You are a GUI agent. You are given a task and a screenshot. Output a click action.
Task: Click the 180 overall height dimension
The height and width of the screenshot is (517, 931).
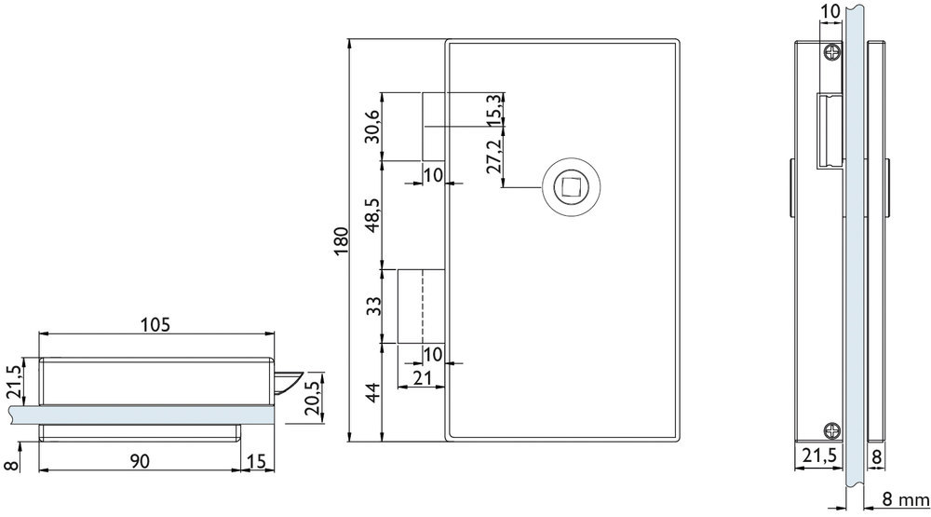coord(340,240)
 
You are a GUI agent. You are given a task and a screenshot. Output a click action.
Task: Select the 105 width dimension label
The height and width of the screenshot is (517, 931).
coord(155,324)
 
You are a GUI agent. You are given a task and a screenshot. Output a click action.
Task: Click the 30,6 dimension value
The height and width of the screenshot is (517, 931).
coord(372,126)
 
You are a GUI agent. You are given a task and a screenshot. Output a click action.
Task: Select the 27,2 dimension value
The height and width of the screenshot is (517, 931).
coord(494,155)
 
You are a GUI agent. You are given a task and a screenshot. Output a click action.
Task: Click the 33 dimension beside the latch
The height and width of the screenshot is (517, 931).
coord(373,306)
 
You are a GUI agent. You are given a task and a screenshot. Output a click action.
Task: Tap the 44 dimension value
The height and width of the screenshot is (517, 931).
coord(372,393)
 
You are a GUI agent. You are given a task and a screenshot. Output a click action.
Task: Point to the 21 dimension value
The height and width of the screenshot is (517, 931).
coord(421,378)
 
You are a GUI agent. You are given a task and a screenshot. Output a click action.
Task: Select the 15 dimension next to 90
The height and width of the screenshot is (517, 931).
coord(257,460)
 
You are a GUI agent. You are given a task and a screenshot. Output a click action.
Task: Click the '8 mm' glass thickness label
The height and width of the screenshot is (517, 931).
coord(904,498)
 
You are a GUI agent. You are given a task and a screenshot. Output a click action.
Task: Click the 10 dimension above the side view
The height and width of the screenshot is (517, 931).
coord(830,10)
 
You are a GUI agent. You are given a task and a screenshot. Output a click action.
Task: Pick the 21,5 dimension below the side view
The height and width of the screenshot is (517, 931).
coord(819,456)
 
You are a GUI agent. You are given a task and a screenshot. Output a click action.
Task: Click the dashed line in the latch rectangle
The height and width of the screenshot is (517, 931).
coord(423,306)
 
